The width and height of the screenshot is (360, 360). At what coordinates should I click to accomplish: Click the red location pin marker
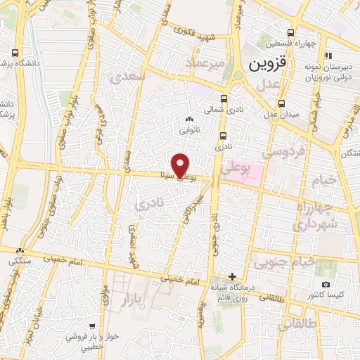click(x=181, y=165)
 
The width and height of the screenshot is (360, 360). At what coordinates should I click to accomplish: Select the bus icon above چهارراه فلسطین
click(x=290, y=32)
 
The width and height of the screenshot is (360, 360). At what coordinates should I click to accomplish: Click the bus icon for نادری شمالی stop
click(x=224, y=98)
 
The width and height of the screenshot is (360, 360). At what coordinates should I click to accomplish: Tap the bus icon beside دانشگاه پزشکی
click(x=15, y=53)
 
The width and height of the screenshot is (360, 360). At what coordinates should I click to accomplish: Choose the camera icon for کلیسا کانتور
click(x=325, y=284)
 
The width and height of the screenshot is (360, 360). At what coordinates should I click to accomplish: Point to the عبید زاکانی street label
click(x=191, y=204)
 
